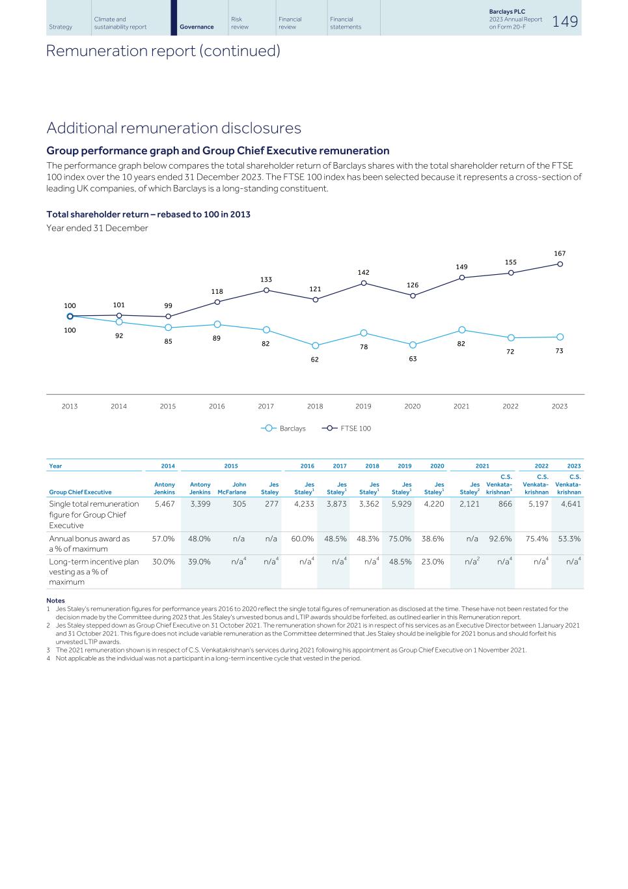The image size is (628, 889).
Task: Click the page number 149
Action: (565, 21)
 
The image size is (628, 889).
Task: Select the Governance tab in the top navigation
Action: (197, 27)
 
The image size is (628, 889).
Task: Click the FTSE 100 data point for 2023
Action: (560, 264)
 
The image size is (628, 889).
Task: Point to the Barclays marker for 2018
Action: (315, 346)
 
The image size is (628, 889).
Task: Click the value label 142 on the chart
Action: (364, 272)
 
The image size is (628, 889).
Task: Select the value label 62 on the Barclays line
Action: (314, 360)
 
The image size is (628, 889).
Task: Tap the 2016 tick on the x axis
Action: (217, 406)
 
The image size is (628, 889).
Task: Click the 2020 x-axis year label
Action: (412, 406)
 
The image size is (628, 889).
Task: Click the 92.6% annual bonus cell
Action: (500, 539)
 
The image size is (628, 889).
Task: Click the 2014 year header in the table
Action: (168, 466)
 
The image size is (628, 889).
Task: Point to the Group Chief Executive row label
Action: (80, 492)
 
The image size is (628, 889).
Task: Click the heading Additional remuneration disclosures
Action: (174, 128)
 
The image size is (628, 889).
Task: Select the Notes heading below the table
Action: (55, 600)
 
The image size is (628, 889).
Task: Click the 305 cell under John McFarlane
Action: (239, 504)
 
